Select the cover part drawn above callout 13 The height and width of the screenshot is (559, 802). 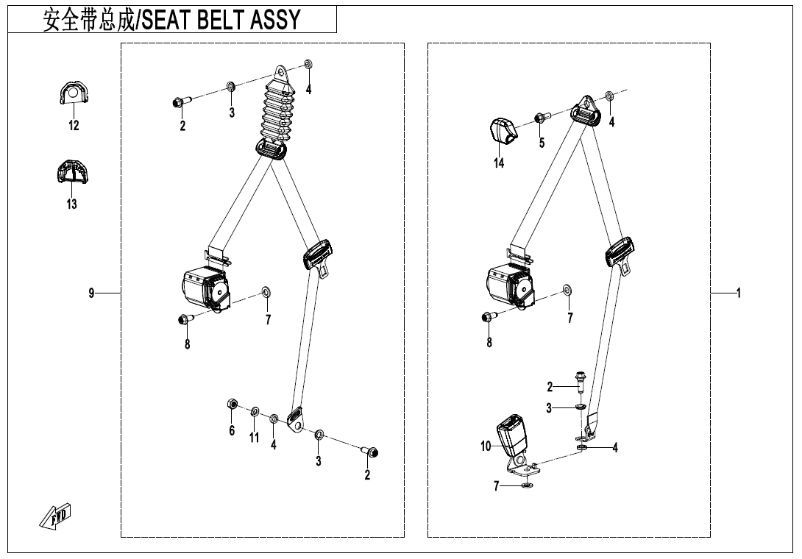72,173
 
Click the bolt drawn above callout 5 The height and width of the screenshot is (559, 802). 540,117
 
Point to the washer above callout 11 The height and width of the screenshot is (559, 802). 255,410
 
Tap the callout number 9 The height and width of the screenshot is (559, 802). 92,293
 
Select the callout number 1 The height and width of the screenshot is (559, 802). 738,293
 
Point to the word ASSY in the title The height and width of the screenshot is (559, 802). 276,20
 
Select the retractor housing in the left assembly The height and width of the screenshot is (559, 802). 203,287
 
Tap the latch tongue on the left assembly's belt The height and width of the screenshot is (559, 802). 319,257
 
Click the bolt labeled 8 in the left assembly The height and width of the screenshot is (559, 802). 184,318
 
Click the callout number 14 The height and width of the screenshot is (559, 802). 499,163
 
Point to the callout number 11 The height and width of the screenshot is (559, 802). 254,437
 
